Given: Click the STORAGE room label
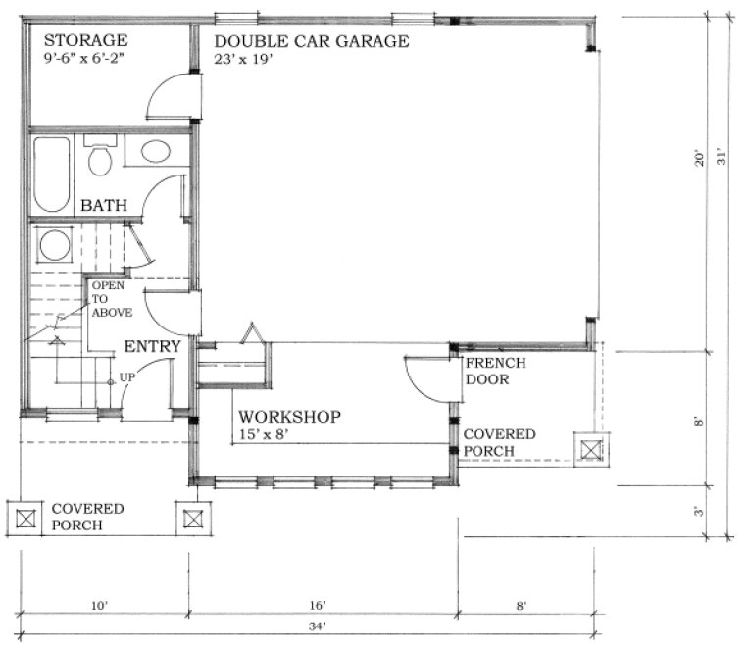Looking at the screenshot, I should click(x=86, y=40).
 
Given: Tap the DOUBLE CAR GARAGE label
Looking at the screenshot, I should click(x=311, y=41).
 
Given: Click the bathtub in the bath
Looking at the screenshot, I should click(x=52, y=174).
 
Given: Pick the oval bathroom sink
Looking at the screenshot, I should click(x=154, y=151).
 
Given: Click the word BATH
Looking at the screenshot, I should click(x=102, y=207).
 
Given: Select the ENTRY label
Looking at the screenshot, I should click(x=152, y=346).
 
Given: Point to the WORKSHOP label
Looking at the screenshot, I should click(x=289, y=418).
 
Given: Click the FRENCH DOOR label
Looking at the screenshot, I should click(x=495, y=371).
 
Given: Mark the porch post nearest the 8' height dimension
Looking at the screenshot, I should click(x=591, y=449).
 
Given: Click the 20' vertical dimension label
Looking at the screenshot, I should click(x=699, y=157).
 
